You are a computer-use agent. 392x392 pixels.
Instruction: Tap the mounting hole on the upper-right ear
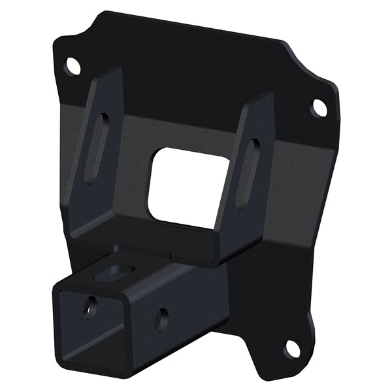click(x=319, y=107)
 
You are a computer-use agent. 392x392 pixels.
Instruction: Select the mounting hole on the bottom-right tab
click(x=291, y=347)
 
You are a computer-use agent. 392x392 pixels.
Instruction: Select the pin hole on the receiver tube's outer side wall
click(x=161, y=319)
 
